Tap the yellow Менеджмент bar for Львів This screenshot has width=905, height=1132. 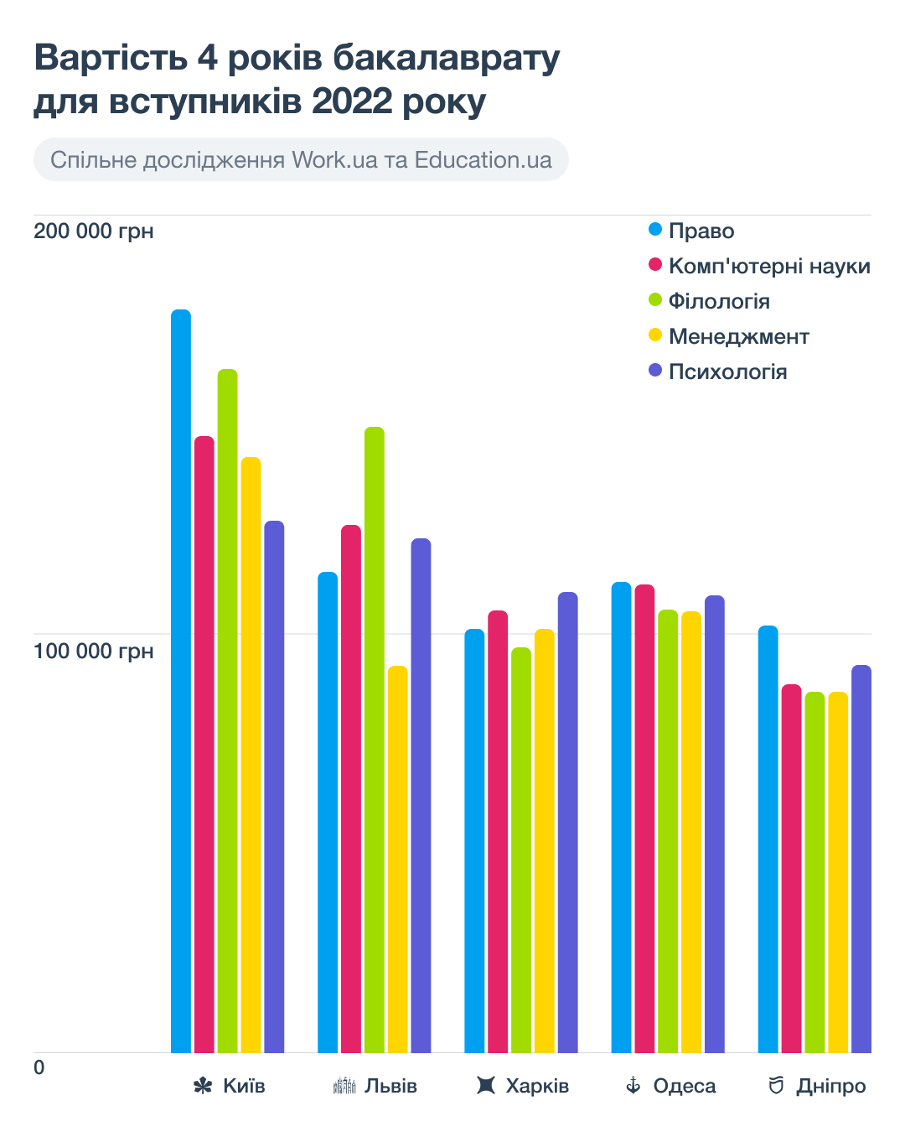(398, 859)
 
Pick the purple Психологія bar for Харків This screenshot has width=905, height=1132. (568, 822)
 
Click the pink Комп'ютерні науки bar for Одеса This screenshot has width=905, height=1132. (644, 818)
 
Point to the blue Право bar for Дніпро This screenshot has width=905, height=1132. (768, 839)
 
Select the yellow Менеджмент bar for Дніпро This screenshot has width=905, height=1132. (838, 872)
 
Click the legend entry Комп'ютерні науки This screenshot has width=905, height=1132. (769, 267)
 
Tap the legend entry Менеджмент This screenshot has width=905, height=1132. (738, 337)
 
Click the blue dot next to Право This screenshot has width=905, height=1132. (655, 230)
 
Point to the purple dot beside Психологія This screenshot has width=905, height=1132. (655, 371)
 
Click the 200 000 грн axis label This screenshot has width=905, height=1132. (94, 231)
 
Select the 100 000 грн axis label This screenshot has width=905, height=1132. (94, 652)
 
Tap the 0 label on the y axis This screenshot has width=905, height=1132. (39, 1068)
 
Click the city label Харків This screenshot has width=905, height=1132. (537, 1087)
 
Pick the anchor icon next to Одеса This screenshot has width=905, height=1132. (633, 1087)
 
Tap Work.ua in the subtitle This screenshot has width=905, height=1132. (334, 160)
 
